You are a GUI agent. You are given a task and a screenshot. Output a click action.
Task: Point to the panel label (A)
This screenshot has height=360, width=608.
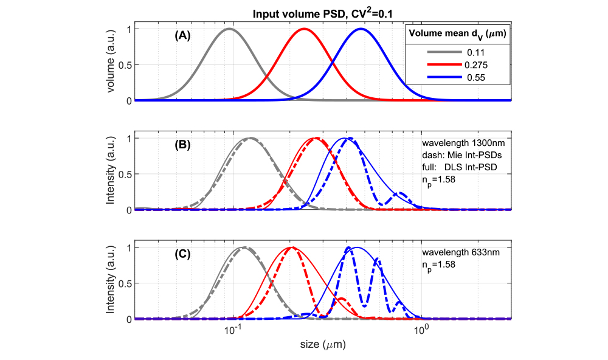182,35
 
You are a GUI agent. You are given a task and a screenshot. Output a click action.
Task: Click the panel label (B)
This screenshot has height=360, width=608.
182,145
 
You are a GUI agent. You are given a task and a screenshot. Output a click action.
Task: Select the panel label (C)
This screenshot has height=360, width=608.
182,254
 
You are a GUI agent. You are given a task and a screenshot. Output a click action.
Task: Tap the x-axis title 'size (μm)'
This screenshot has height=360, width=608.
323,344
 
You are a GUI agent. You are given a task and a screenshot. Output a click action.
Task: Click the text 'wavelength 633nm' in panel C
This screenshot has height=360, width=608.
460,252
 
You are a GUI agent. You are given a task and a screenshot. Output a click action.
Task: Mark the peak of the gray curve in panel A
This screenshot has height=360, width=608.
229,29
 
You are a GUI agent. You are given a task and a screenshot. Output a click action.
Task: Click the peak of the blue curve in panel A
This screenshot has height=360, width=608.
361,29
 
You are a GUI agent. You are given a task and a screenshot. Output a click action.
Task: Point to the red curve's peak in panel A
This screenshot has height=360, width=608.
304,29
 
